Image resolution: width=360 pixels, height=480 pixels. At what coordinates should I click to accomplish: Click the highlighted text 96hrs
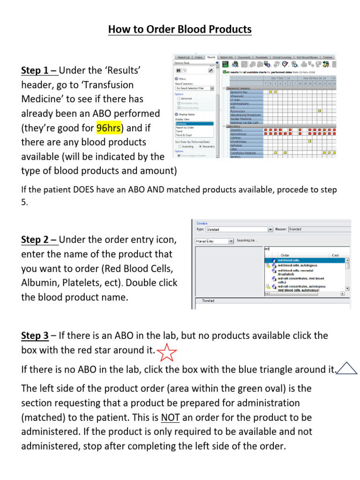[x=108, y=127]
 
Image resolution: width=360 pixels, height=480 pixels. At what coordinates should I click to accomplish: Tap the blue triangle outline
[x=347, y=369]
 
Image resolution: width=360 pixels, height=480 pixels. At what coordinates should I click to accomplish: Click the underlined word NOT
[x=169, y=417]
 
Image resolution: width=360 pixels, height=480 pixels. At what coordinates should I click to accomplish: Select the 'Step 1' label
[x=39, y=71]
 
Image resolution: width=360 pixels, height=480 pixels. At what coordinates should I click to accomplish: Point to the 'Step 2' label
[x=39, y=240]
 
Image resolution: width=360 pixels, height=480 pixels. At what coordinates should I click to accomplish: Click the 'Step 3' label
[x=35, y=336]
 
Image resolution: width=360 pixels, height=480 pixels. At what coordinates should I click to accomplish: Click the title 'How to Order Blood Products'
[x=180, y=30]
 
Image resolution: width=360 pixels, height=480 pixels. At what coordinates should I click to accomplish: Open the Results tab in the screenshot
[x=211, y=57]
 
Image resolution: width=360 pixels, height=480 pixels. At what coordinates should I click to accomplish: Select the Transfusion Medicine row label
[x=243, y=153]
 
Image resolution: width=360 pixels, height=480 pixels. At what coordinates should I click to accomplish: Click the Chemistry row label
[x=237, y=130]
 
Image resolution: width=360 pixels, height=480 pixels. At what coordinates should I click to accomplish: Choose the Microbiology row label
[x=239, y=141]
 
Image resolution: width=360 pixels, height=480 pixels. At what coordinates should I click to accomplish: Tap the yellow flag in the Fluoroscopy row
[x=319, y=111]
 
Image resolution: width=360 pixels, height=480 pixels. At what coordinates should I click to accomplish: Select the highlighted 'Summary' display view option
[x=181, y=124]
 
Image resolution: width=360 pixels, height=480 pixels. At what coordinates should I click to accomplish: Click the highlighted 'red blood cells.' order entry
[x=289, y=260]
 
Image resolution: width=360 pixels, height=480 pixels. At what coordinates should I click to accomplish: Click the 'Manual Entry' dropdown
[x=214, y=241]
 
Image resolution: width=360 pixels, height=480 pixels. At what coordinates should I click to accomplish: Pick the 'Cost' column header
[x=335, y=255]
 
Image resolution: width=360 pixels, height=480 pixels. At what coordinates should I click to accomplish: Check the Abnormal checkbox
[x=178, y=99]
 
